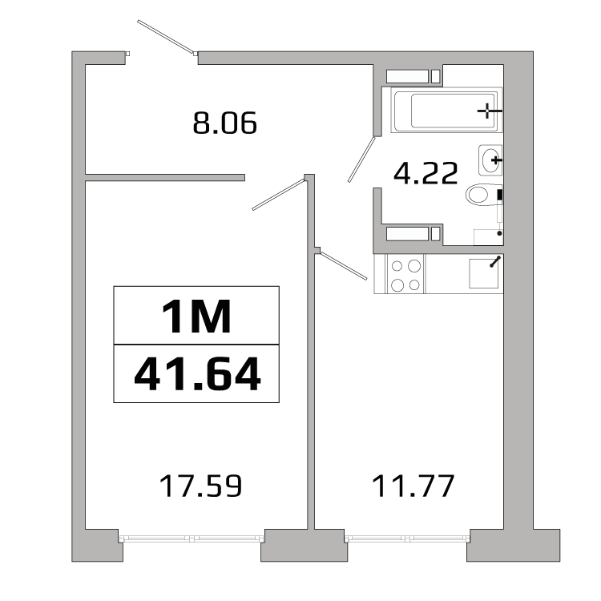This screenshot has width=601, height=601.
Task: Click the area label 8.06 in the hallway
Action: click(224, 123)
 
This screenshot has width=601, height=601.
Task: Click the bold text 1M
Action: click(196, 316)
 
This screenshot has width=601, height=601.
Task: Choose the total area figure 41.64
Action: click(196, 373)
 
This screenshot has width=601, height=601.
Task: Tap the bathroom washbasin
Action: click(490, 160)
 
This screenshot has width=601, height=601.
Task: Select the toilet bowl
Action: click(482, 196)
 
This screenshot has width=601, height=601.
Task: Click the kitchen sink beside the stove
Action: click(483, 273)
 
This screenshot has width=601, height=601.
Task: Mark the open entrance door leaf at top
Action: click(167, 37)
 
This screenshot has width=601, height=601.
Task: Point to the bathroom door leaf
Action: click(362, 159)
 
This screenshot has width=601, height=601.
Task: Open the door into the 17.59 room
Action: click(279, 194)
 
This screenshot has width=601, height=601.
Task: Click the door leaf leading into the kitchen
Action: click(344, 265)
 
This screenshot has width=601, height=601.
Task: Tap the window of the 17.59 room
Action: click(192, 538)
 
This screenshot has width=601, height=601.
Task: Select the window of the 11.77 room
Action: click(407, 538)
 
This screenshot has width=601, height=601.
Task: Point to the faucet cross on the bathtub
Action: click(488, 110)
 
